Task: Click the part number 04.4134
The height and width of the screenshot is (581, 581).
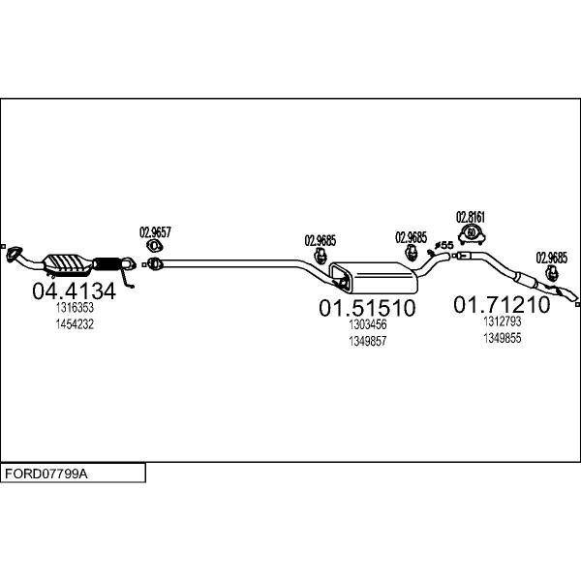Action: (75, 291)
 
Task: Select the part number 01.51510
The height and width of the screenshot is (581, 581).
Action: (367, 308)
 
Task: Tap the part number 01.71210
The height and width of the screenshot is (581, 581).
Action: (502, 305)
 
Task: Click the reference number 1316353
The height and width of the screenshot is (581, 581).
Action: (75, 308)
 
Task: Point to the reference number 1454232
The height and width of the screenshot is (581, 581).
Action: (75, 324)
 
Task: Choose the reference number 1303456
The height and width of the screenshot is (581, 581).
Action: (368, 324)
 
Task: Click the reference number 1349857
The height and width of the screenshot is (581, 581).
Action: (368, 341)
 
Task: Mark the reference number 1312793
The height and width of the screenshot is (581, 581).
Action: (503, 321)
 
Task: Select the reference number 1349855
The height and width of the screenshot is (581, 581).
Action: (503, 338)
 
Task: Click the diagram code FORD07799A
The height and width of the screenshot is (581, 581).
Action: (46, 474)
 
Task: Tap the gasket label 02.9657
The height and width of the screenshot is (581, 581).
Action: (155, 232)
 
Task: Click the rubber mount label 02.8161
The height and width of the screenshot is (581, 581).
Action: (471, 217)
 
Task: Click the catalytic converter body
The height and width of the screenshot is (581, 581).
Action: (68, 263)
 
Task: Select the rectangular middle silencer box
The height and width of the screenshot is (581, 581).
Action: (374, 277)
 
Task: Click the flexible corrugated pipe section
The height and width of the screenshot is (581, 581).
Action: (107, 263)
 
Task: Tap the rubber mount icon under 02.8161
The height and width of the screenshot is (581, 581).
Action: (472, 234)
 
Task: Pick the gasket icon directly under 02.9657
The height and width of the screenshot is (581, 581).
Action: (155, 245)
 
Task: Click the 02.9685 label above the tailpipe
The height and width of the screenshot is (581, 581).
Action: (551, 258)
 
